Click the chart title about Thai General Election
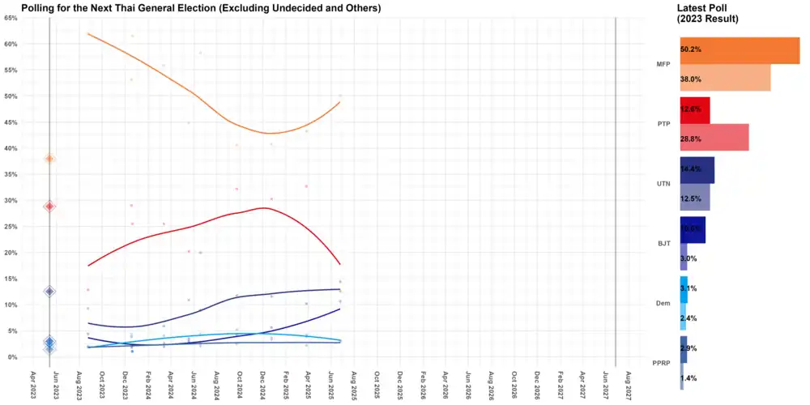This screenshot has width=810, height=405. tap(201, 8)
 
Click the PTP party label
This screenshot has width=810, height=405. tap(663, 124)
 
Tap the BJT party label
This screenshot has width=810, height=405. tap(663, 243)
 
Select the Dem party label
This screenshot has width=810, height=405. tap(663, 303)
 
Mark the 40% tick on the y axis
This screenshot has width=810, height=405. tap(11, 148)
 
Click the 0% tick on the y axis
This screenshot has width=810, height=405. tap(13, 357)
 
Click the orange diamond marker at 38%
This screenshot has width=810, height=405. tap(49, 159)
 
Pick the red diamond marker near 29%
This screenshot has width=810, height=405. tap(49, 207)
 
